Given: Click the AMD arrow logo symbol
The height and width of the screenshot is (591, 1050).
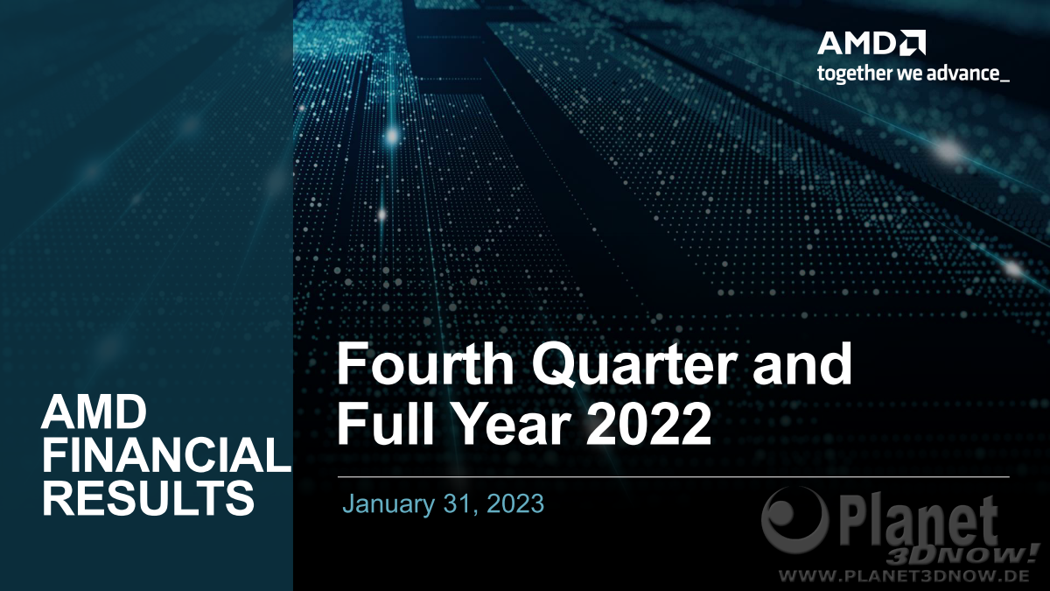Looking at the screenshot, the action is (914, 43).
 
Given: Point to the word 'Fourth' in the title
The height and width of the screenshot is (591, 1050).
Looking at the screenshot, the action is (424, 364).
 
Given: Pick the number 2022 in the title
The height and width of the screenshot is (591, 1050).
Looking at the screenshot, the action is (648, 423).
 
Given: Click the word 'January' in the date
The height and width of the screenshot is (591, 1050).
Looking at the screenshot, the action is (388, 504).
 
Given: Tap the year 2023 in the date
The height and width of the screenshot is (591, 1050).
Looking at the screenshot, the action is (515, 503).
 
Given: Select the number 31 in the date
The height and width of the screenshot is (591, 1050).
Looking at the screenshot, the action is (462, 504).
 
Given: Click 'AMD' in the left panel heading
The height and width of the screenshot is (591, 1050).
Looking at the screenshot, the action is (94, 412).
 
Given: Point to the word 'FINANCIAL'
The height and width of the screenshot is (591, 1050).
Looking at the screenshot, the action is (167, 454).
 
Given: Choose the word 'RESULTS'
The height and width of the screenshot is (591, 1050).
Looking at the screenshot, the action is (149, 497).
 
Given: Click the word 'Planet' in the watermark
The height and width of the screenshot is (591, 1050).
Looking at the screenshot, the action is (915, 523).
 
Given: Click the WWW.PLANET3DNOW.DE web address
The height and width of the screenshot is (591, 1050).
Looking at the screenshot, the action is (904, 575).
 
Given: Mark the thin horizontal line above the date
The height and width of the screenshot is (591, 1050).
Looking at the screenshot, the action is (674, 476).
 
